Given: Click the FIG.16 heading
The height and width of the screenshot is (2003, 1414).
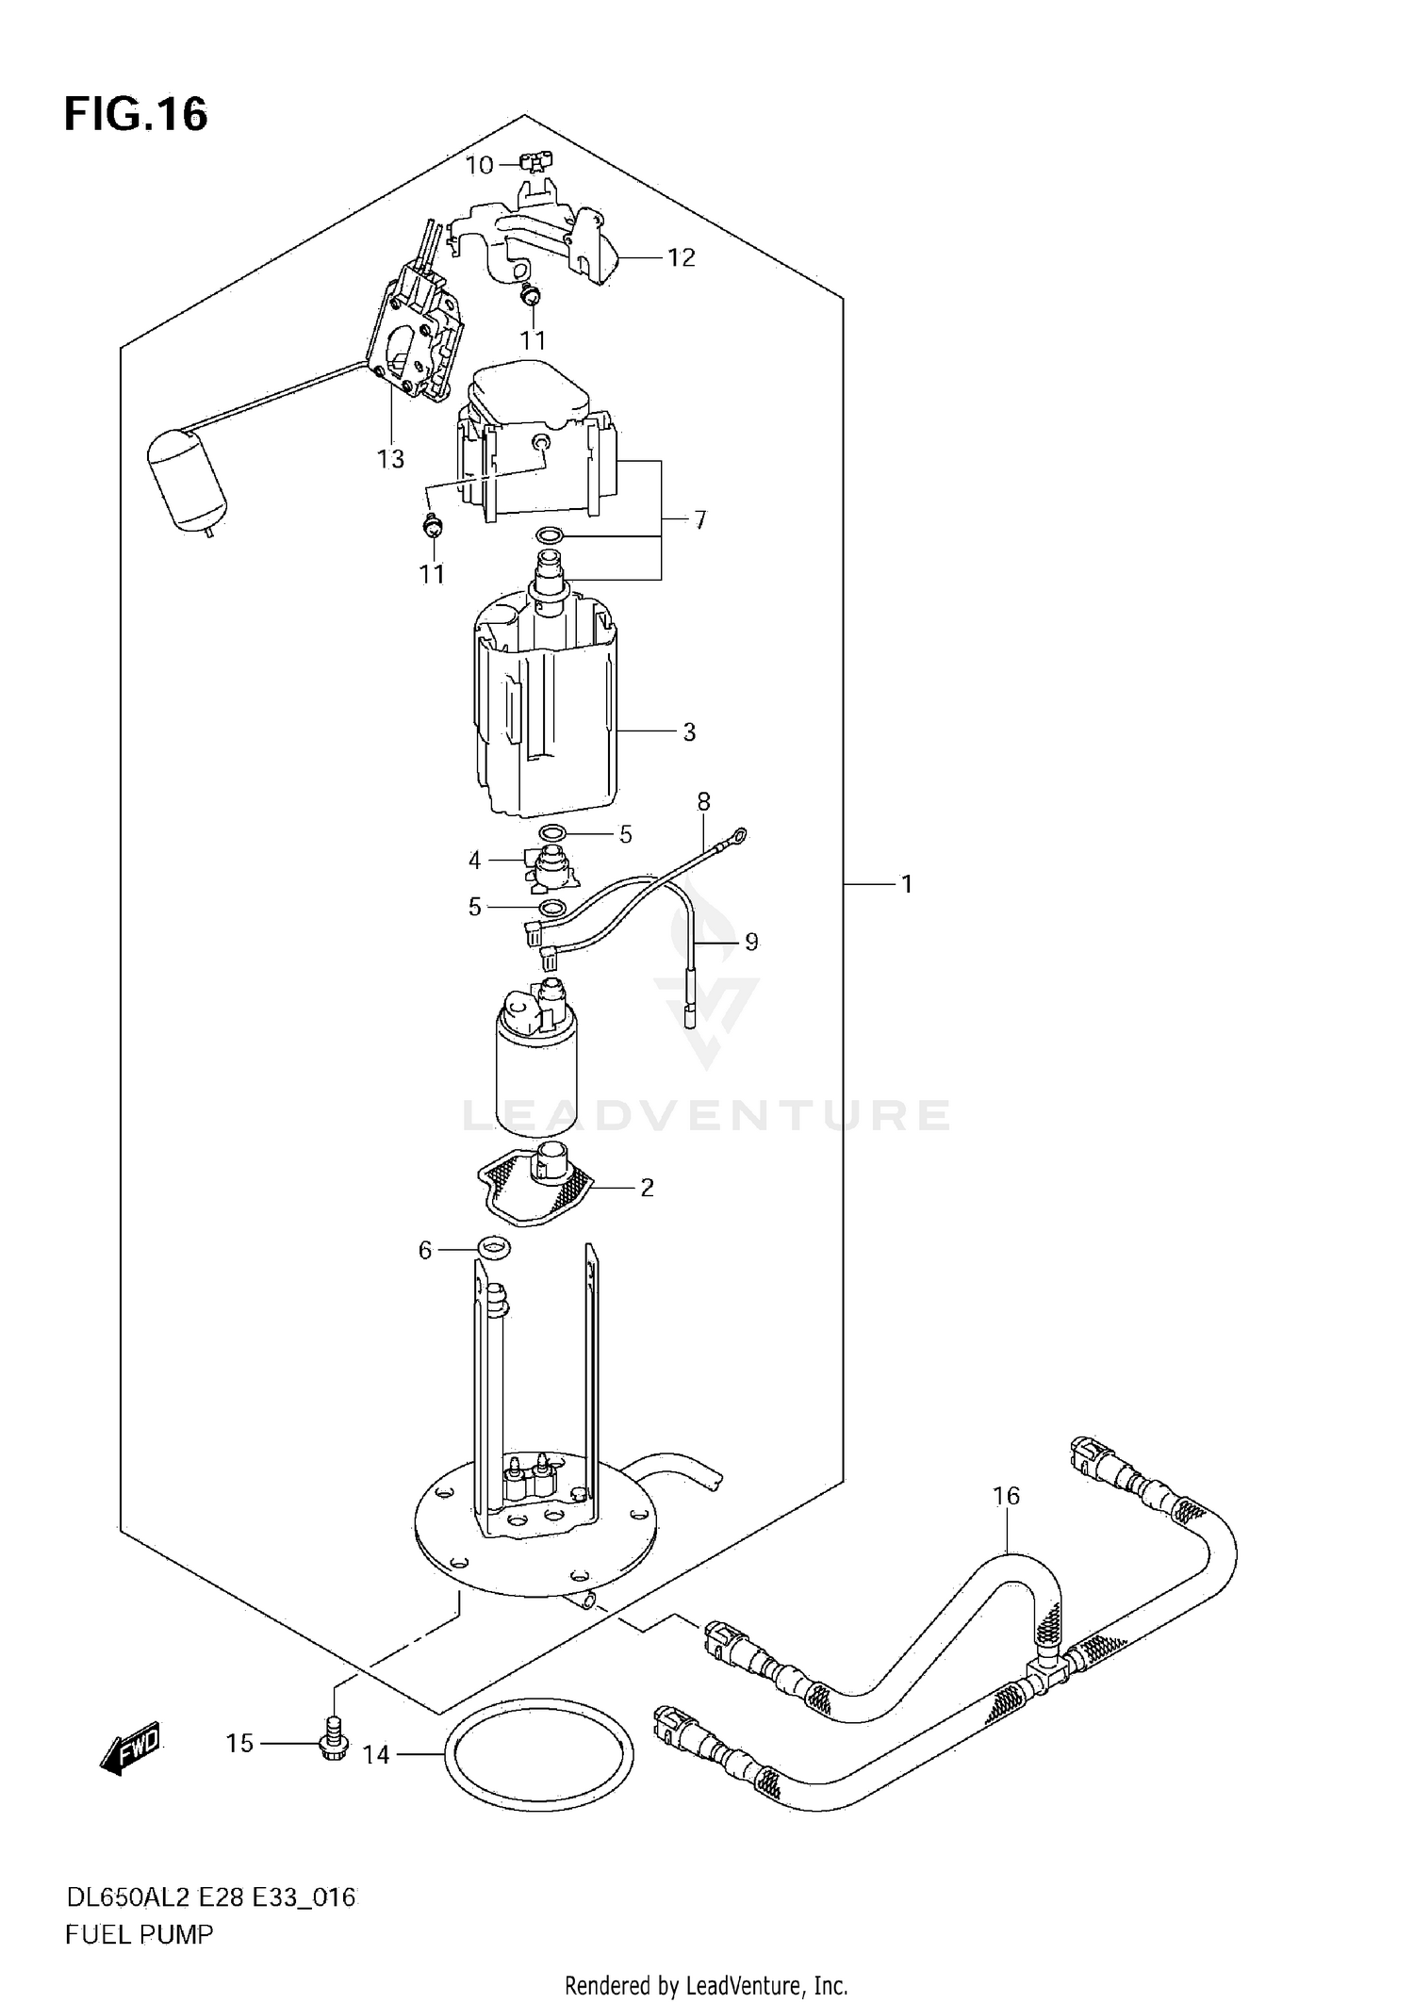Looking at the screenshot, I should (x=136, y=115).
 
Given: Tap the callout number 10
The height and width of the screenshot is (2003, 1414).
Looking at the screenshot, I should (x=479, y=166).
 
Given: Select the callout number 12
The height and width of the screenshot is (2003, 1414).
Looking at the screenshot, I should (x=681, y=257).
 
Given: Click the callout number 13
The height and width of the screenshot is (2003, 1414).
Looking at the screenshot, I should (x=390, y=459).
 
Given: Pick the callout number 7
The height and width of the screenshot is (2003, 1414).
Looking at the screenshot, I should (x=699, y=519).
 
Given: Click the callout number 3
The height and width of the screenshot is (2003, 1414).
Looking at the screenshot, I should (x=689, y=731).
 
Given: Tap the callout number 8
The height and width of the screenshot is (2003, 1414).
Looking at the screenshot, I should (x=703, y=801).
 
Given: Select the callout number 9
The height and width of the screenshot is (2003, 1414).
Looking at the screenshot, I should (x=751, y=942).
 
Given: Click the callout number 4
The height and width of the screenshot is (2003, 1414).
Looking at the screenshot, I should (x=474, y=860).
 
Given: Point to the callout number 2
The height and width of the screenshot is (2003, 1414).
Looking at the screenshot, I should (x=647, y=1188).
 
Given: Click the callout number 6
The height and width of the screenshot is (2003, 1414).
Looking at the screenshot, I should (x=425, y=1250).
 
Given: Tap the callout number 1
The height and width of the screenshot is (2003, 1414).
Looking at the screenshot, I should (x=906, y=884).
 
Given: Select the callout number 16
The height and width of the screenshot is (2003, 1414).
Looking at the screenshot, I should (x=1006, y=1496).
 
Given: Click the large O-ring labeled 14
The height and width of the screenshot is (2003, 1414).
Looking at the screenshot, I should (x=538, y=1755).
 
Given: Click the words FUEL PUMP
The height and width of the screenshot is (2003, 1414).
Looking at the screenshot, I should (x=140, y=1935).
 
